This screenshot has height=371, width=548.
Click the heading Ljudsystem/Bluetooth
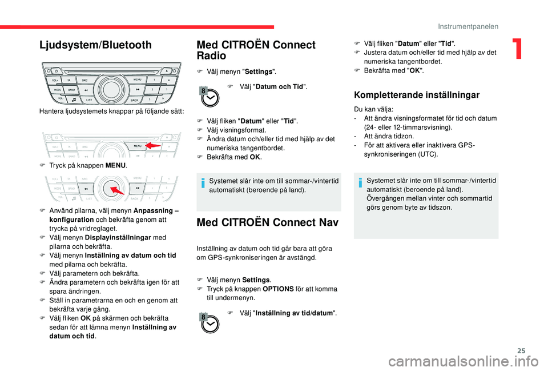pos(95,45)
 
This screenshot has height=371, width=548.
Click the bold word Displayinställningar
pos(118,237)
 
